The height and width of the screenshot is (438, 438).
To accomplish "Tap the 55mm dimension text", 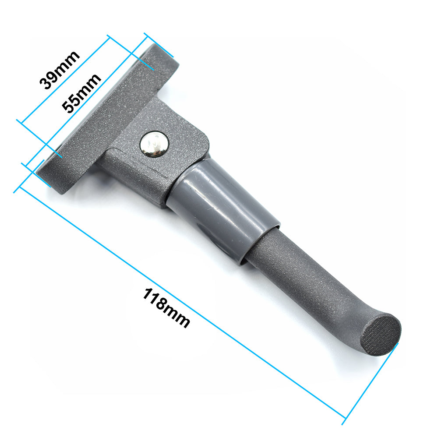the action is tap(81, 93).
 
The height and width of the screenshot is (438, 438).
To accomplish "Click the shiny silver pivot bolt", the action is tap(154, 144).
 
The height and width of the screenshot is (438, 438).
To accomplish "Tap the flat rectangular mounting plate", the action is tap(108, 117).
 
